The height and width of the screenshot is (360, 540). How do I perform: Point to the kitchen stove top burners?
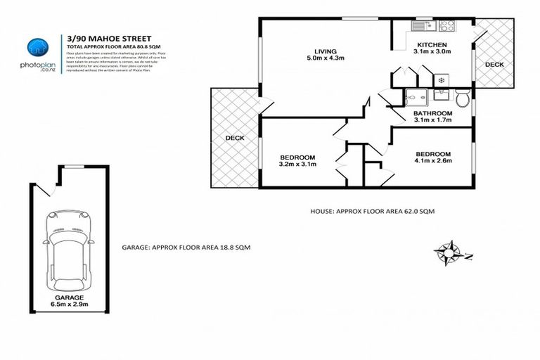click(447, 25)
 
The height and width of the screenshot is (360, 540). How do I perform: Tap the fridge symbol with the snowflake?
click(441, 79)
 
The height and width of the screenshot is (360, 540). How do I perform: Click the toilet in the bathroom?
click(462, 97)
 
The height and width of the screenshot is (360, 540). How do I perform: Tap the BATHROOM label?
click(432, 112)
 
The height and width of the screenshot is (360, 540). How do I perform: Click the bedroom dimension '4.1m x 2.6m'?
click(432, 161)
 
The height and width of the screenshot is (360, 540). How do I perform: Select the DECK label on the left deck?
click(235, 138)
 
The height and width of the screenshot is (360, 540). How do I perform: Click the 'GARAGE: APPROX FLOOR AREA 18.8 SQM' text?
click(186, 247)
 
